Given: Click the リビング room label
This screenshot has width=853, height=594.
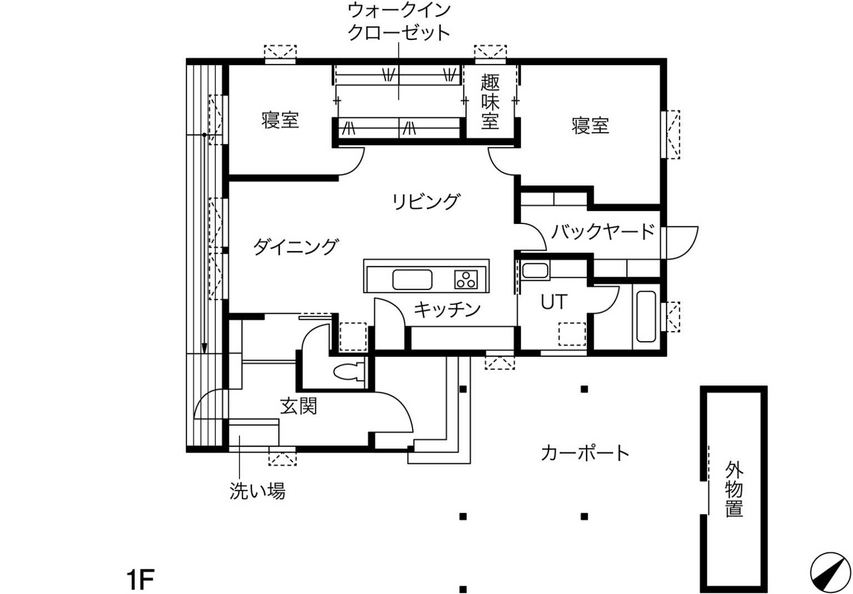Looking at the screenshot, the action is coord(426,201).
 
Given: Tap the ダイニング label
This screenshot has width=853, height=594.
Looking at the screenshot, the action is coord(295,247).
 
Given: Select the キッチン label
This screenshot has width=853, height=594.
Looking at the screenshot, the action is coord(447,310).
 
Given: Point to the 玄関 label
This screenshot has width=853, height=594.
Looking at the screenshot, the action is coord(299,406).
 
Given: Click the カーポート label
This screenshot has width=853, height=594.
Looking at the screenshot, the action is coord(585,453).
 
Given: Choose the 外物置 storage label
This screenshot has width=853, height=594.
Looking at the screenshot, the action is coord(734,489).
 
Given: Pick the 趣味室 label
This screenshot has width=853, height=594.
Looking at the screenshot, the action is coord(490,101).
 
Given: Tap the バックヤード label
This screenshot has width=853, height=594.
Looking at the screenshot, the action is coord(603,231).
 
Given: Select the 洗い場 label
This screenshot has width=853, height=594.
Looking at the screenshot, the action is coord(258,491).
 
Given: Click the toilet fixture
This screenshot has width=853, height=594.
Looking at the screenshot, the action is coord(349,372).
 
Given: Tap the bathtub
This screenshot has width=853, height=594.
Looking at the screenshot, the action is coord(646,317).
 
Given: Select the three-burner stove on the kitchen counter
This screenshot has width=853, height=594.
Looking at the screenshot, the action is coord(466,279).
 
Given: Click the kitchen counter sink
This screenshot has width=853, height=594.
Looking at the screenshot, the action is coord(412,279).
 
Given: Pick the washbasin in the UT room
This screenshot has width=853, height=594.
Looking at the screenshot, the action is coord(535,271).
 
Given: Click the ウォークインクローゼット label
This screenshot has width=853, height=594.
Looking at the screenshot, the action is coord(399,22).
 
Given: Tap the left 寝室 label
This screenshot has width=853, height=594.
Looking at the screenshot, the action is coord(280,119).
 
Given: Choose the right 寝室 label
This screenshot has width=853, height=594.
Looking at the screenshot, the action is coord(590,126).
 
